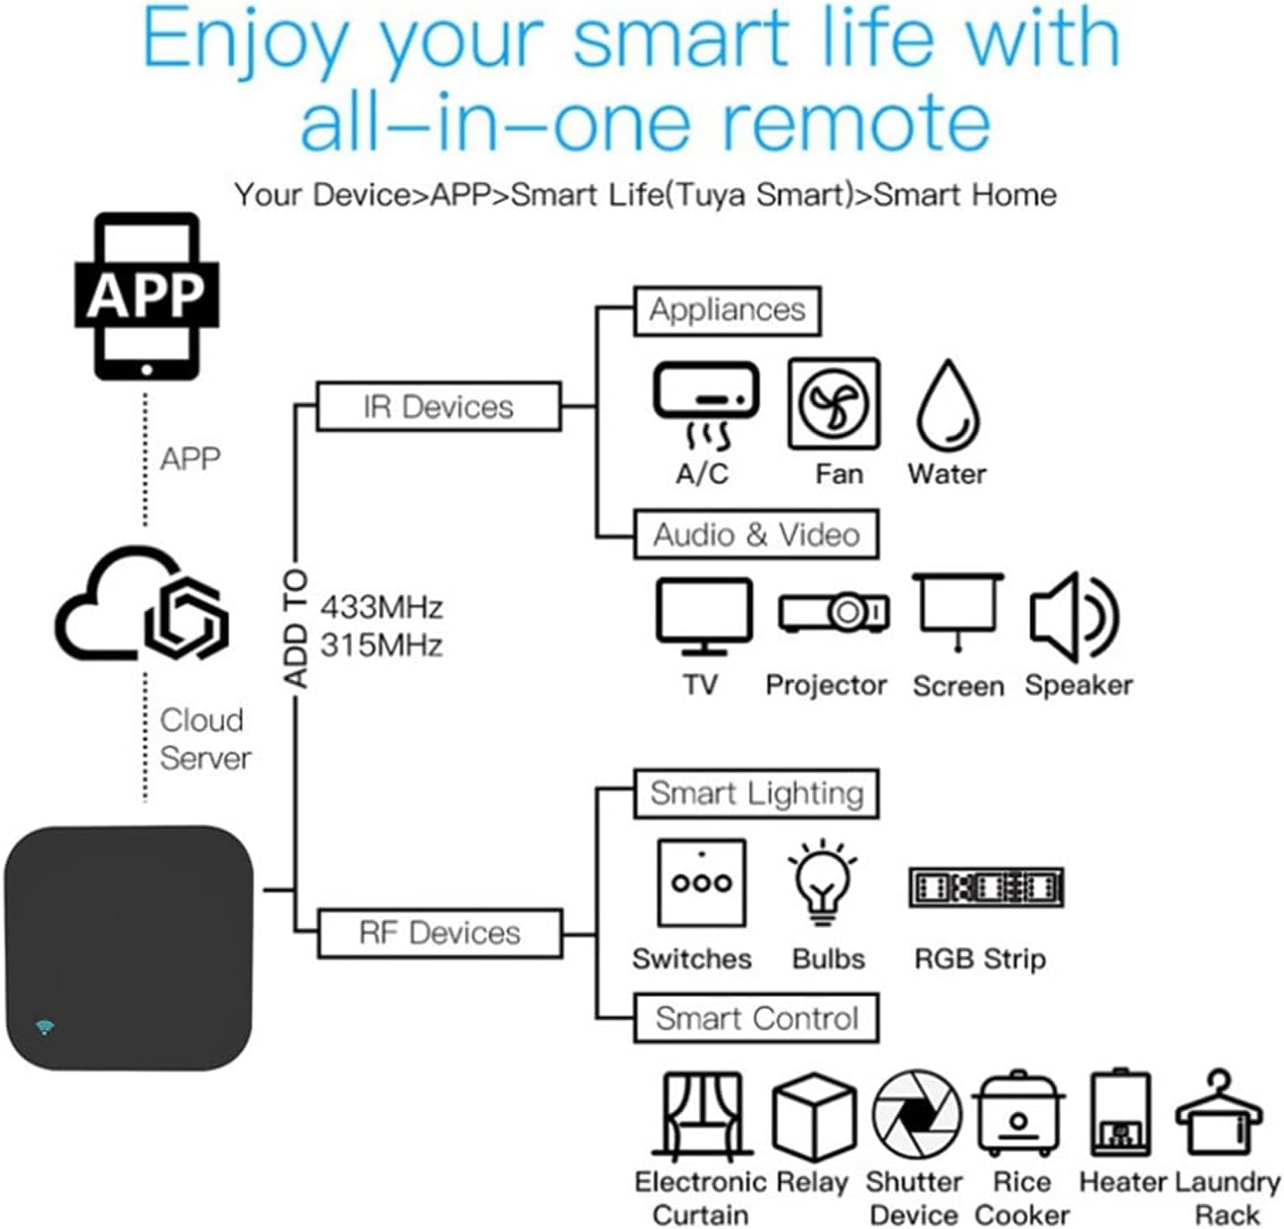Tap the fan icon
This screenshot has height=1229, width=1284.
[834, 404]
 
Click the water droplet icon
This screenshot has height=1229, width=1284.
[948, 405]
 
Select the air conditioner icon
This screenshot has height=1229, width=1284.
[705, 405]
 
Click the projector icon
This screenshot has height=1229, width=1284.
[834, 612]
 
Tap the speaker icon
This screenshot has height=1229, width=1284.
[1074, 617]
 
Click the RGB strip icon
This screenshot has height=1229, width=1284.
[986, 887]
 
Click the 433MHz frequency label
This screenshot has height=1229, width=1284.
[381, 607]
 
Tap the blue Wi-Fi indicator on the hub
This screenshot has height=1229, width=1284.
[45, 1027]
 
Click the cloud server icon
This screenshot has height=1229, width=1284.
[142, 603]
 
